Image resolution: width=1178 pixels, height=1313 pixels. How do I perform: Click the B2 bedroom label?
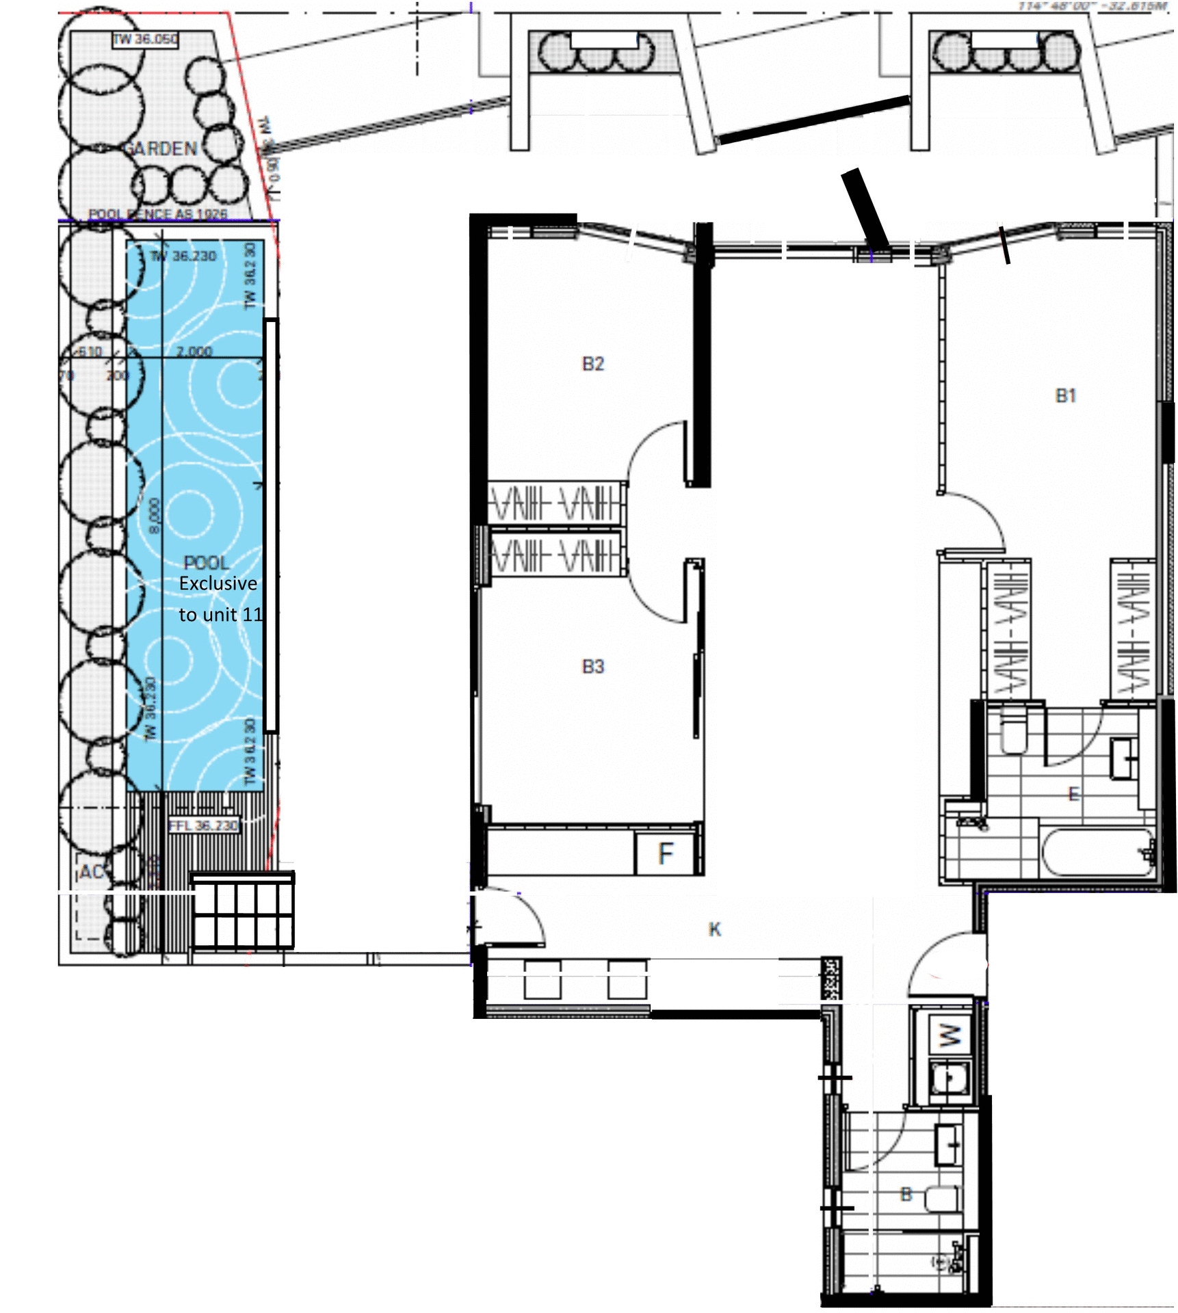(x=592, y=364)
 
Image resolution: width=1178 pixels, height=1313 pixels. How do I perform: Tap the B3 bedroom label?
(x=592, y=666)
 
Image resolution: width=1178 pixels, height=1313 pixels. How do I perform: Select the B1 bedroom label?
(x=1065, y=395)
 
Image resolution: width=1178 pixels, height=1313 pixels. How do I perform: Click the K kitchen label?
(x=714, y=929)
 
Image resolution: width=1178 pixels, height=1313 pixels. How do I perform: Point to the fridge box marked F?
(x=665, y=853)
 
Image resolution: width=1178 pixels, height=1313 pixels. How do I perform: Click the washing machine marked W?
(x=950, y=1035)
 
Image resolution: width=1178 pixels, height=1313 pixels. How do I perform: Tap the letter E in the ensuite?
(x=1073, y=794)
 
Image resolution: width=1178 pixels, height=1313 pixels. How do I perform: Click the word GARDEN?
(x=160, y=148)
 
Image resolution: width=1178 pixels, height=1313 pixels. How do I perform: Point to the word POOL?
(x=206, y=563)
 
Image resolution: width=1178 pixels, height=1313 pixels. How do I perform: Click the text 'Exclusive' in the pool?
(x=218, y=583)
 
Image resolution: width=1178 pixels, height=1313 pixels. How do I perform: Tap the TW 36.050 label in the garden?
(x=145, y=39)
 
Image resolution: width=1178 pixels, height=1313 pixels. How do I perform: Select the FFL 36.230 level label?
(x=203, y=825)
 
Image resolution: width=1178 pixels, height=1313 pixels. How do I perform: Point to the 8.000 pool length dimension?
(x=154, y=516)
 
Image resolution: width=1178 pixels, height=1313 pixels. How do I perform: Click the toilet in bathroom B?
(x=943, y=1199)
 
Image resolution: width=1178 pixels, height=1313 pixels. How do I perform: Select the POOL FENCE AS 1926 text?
(x=157, y=214)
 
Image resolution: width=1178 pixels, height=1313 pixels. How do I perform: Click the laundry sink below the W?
(x=950, y=1078)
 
